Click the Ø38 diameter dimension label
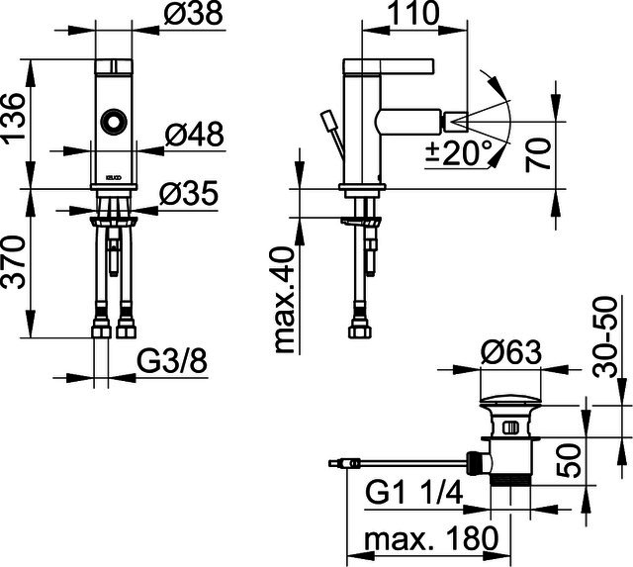(x=194, y=13)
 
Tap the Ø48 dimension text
(x=194, y=134)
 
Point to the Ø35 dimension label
(x=189, y=193)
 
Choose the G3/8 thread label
(x=172, y=360)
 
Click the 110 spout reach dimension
(x=412, y=13)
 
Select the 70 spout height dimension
(x=538, y=154)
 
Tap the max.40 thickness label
(x=283, y=301)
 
